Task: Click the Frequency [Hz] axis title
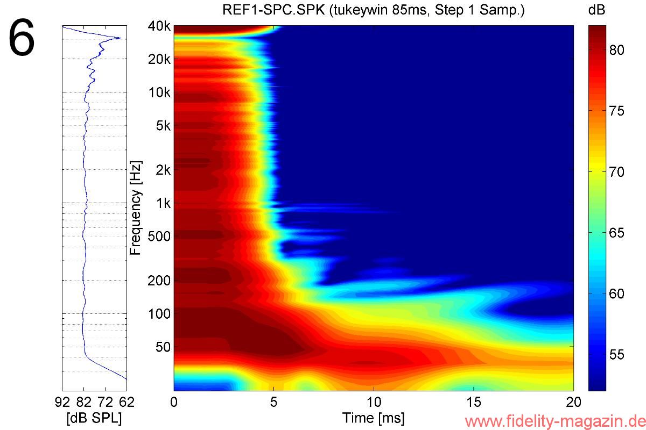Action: [x=136, y=207]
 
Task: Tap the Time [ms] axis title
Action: [x=374, y=418]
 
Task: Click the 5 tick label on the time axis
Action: [x=274, y=402]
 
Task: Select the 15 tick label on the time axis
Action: [x=474, y=402]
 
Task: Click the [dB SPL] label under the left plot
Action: [x=94, y=418]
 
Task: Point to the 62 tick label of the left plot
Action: [x=127, y=402]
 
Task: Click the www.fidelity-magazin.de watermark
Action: [x=554, y=420]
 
